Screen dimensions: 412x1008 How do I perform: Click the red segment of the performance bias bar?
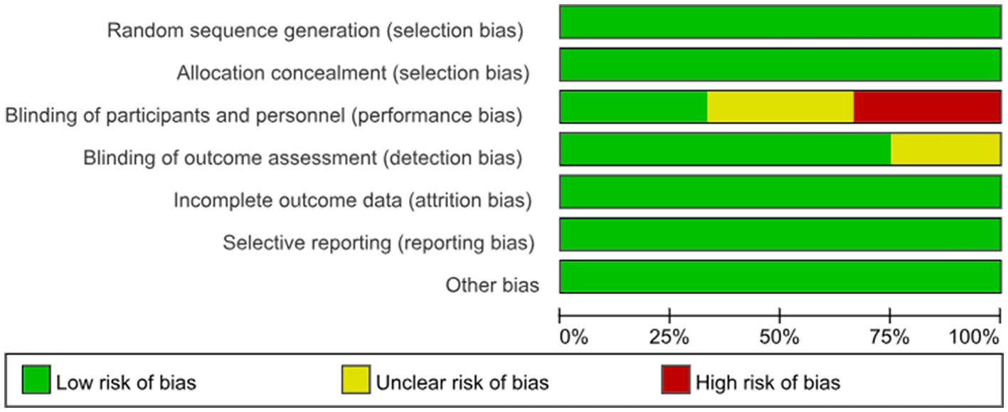click(927, 107)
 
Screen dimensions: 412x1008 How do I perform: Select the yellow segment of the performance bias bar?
click(780, 107)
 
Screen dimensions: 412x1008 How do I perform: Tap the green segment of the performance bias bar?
click(633, 107)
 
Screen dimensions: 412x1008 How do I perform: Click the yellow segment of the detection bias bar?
click(945, 149)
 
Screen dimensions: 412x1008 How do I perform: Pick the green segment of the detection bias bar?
click(725, 149)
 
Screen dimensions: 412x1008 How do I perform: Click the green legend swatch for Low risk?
click(36, 381)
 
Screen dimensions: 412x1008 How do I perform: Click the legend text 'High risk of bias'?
click(768, 383)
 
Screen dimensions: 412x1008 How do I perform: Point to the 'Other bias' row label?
click(492, 286)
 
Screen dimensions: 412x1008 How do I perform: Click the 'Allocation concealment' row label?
click(353, 73)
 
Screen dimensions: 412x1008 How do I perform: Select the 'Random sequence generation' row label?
click(316, 31)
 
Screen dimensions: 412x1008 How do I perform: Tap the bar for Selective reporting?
click(780, 234)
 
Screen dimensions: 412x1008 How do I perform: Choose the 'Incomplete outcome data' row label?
click(352, 201)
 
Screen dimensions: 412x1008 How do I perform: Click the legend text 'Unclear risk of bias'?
click(462, 383)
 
